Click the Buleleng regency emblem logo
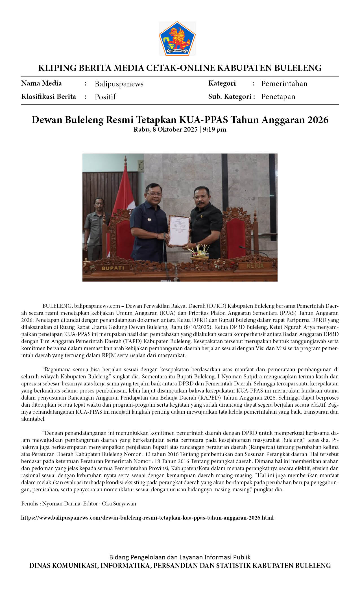click(177, 38)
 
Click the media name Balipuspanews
click(119, 84)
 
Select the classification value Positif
click(105, 97)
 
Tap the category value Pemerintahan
click(284, 84)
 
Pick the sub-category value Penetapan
click(278, 97)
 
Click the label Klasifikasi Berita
click(49, 97)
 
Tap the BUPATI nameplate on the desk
click(113, 268)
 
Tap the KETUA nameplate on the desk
click(255, 266)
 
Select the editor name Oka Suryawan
click(119, 503)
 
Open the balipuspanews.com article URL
click(147, 518)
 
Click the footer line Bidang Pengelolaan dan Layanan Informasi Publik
click(180, 557)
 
